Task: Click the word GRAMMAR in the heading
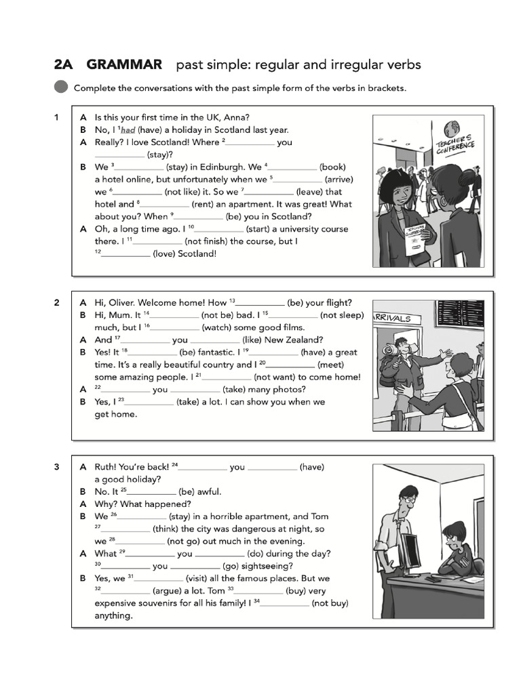(x=124, y=65)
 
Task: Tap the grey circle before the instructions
(x=61, y=87)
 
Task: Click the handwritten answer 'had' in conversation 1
(x=128, y=130)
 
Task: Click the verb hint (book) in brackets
(x=333, y=167)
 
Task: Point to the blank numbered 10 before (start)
(x=220, y=229)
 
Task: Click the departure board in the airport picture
(x=461, y=312)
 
